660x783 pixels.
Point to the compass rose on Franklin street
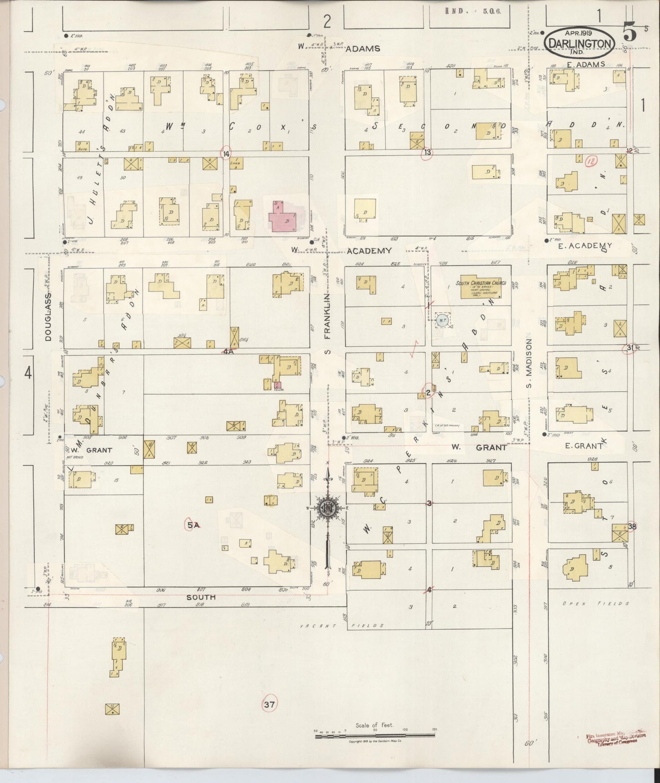click(327, 508)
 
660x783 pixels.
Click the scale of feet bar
click(375, 735)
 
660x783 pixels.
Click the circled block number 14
click(226, 154)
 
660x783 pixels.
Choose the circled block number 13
click(427, 153)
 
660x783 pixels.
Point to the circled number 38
click(632, 527)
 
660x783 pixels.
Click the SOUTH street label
click(201, 597)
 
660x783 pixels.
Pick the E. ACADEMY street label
click(587, 246)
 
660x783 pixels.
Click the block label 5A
click(193, 525)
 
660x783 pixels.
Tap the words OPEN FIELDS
click(596, 603)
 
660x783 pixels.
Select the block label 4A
click(228, 352)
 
